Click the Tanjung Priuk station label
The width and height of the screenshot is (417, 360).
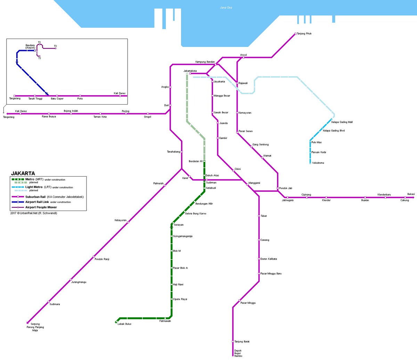click(304, 34)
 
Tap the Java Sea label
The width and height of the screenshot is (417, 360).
click(226, 8)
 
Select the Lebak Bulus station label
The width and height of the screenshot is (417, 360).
click(124, 324)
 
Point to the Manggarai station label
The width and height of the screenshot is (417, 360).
click(254, 183)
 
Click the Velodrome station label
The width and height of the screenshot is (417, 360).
click(318, 163)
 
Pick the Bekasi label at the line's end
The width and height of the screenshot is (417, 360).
click(411, 194)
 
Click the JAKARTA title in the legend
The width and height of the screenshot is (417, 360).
click(23, 173)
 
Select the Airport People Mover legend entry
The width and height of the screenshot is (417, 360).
click(41, 207)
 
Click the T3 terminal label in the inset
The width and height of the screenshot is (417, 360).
click(55, 46)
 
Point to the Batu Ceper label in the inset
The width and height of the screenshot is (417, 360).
click(57, 99)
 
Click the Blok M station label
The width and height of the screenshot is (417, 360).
click(177, 251)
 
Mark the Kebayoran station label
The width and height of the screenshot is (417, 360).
click(121, 220)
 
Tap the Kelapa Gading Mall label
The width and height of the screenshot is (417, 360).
click(342, 122)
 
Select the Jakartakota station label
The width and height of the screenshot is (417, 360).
click(190, 71)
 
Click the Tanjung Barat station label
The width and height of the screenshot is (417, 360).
click(242, 342)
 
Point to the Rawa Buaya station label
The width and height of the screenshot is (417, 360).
click(49, 117)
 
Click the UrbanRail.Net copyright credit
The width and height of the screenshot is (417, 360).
click(34, 213)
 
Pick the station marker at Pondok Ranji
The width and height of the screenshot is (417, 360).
click(94, 257)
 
